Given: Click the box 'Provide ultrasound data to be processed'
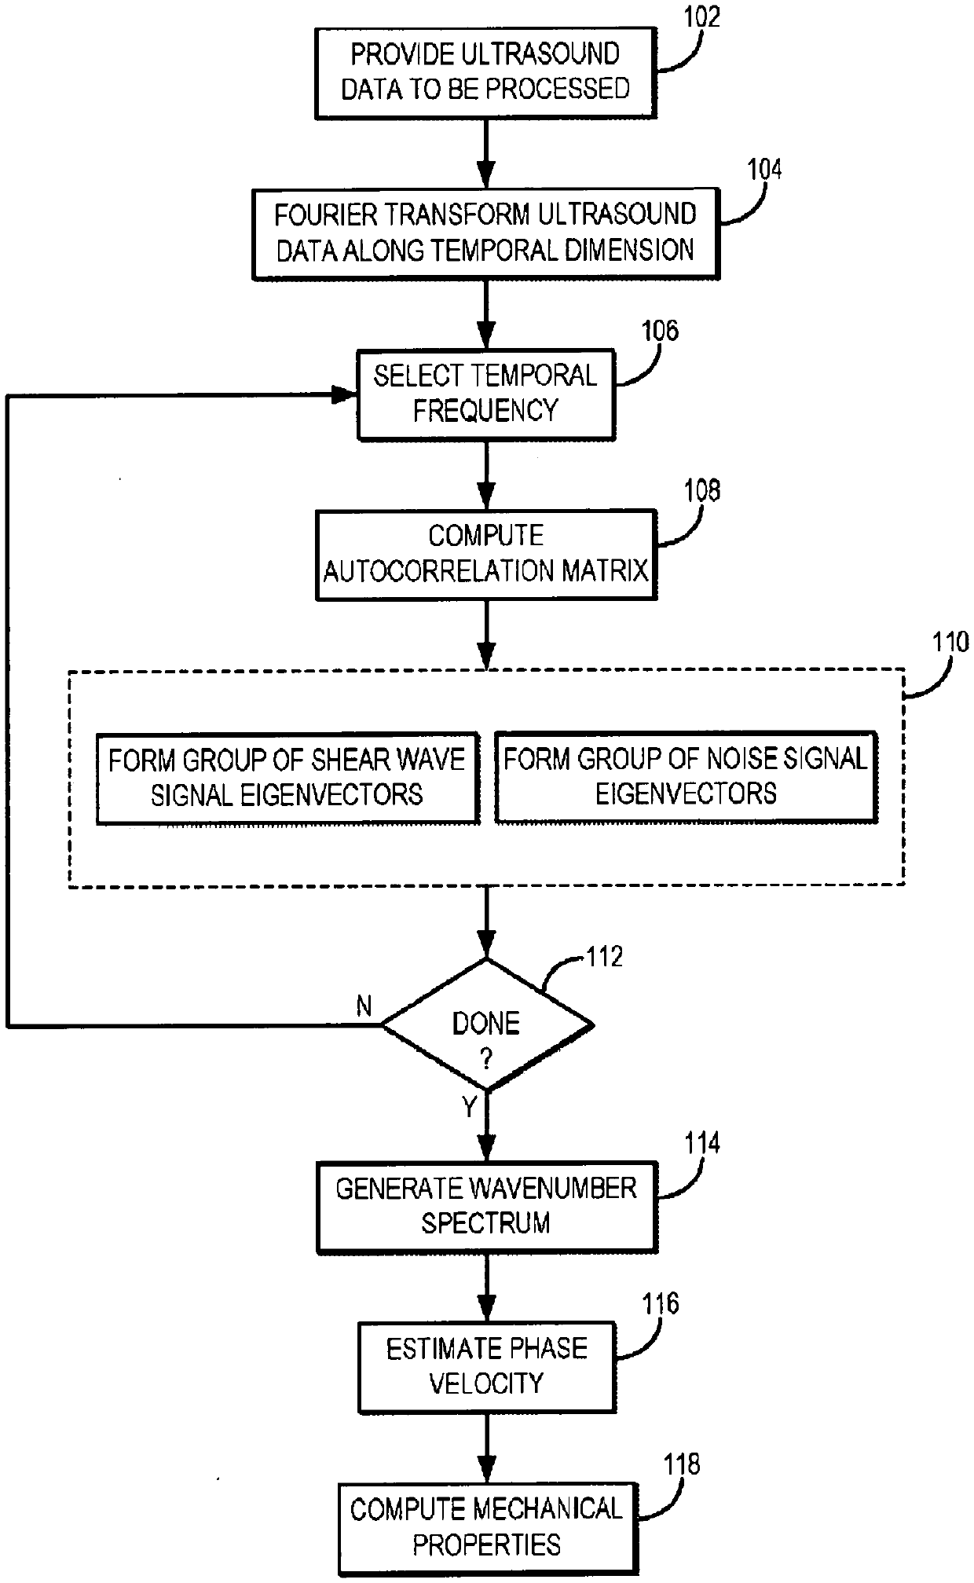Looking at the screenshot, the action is [x=485, y=72].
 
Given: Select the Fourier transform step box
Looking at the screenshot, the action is [x=485, y=233].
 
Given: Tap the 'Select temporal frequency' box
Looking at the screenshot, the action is [x=485, y=394].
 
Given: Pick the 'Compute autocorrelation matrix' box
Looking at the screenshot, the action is [x=485, y=555].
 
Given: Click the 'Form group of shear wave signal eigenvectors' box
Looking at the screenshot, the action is [x=287, y=778].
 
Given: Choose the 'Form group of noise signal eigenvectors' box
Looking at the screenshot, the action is [x=686, y=777].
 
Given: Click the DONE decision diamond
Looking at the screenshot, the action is [x=487, y=1024].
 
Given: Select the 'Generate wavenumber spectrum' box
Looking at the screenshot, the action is [x=486, y=1207].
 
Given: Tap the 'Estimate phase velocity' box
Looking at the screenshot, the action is [x=486, y=1367].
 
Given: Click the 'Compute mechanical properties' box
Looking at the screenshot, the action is [x=486, y=1528].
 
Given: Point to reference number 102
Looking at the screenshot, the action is [x=701, y=17].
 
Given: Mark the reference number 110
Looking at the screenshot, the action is [x=950, y=643].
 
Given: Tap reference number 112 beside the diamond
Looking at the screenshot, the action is [x=604, y=956].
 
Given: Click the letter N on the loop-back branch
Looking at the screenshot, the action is [x=364, y=1006].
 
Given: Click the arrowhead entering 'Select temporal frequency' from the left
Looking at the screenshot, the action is [x=346, y=394].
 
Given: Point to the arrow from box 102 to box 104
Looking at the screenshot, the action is [x=486, y=153].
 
